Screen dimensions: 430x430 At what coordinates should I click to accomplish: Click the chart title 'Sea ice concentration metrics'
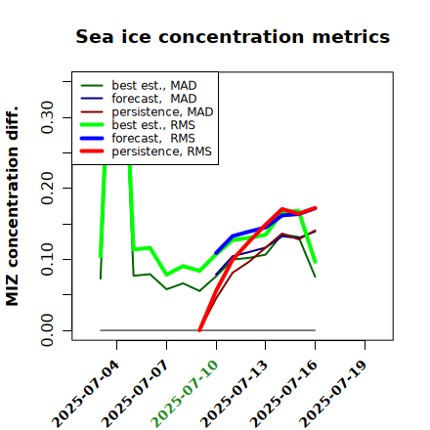[233, 37]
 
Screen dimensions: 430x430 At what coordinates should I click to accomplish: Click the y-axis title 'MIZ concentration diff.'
[12, 206]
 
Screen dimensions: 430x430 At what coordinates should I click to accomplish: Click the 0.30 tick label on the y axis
[48, 117]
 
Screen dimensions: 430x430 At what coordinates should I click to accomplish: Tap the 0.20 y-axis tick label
[48, 188]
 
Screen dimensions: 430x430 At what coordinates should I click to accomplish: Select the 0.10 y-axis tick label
[48, 259]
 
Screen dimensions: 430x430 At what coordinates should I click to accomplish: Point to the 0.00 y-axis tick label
[48, 330]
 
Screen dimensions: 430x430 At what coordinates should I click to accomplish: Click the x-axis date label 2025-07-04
[86, 394]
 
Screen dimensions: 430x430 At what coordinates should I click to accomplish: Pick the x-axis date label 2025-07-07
[136, 394]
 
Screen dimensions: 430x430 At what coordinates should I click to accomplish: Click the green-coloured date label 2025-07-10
[186, 394]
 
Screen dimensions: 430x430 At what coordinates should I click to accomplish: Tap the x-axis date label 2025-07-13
[235, 394]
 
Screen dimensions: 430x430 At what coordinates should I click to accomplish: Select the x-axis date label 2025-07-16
[284, 394]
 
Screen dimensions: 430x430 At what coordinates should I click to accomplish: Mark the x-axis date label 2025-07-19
[334, 394]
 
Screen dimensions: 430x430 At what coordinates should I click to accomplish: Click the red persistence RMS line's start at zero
[199, 330]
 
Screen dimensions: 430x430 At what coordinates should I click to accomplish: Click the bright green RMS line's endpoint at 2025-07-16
[316, 262]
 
